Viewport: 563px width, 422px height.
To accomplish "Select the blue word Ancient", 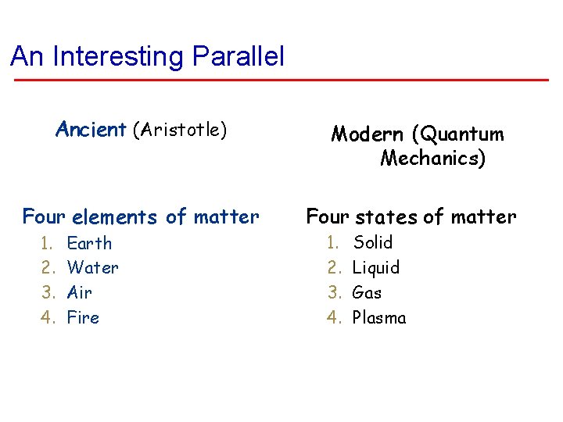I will [91, 129].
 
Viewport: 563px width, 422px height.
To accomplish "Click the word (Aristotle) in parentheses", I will [180, 129].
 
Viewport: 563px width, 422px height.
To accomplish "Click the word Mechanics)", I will [432, 159].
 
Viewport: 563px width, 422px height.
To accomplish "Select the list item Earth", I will [89, 243].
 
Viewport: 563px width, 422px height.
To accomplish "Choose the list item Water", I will [93, 268].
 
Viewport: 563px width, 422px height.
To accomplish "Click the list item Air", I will [80, 293].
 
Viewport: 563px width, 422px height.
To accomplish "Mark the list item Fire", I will [83, 318].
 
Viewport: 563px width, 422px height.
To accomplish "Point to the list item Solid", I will [373, 242].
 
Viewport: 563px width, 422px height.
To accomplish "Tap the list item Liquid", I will [376, 268].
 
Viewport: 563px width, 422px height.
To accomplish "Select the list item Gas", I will [367, 293].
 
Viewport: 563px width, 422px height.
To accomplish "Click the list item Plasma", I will [379, 318].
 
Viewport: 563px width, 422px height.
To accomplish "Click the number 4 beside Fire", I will [47, 318].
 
